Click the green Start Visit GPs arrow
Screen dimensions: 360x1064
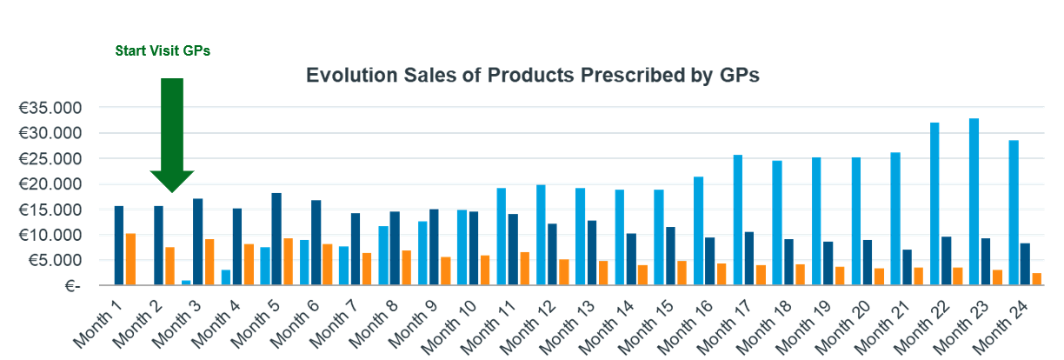coord(172,130)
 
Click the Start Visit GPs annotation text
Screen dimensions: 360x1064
coord(163,51)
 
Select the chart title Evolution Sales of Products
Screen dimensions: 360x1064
coord(533,76)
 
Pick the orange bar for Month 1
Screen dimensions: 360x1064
coord(130,259)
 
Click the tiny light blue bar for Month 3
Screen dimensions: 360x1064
coord(186,282)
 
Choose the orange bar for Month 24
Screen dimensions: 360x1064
coord(1036,279)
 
